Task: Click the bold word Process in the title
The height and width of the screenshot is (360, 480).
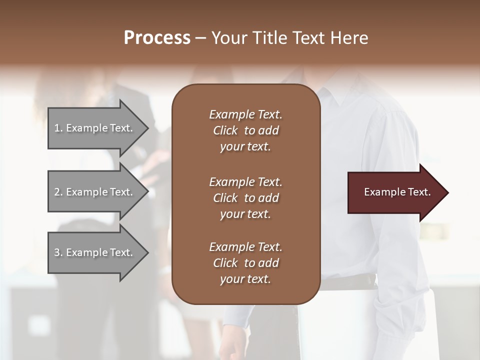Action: click(157, 38)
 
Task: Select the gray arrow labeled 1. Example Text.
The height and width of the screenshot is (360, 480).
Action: click(95, 128)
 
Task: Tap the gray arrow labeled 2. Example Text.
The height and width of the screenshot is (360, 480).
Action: click(95, 192)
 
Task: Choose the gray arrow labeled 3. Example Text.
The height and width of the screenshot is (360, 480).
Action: click(95, 252)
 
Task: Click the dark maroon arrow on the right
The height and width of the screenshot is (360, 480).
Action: click(395, 192)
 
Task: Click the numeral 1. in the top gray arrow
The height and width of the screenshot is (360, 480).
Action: click(58, 128)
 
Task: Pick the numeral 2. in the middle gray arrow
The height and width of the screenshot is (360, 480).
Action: click(58, 192)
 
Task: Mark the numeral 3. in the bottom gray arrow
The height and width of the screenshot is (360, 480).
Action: click(58, 252)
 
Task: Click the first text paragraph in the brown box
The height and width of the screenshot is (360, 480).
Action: click(245, 130)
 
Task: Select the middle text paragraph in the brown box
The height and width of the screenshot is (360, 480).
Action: click(245, 197)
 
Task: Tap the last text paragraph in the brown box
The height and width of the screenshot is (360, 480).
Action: click(245, 263)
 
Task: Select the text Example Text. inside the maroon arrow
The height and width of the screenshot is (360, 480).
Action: click(397, 192)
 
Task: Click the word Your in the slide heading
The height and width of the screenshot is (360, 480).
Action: click(229, 38)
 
